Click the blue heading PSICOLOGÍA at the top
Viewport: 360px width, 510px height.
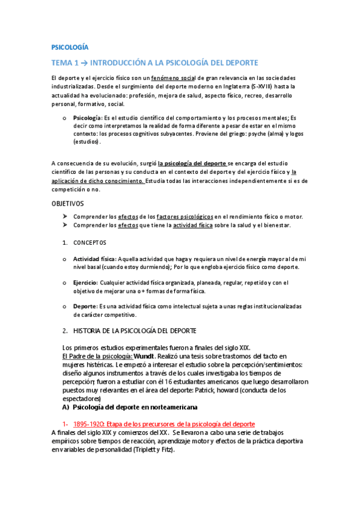70,46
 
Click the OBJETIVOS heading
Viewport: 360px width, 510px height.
67,204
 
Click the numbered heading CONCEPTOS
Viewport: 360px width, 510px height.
90,242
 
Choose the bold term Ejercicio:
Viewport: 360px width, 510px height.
85,282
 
